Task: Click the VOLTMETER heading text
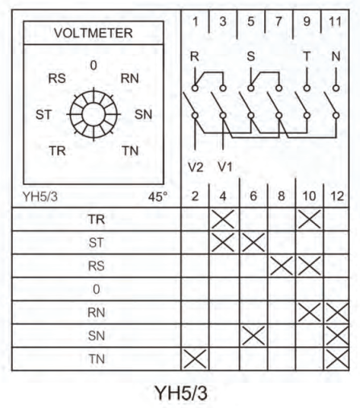[x=93, y=33]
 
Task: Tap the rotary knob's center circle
[x=93, y=114]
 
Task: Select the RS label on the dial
[x=57, y=78]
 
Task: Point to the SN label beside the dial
[x=143, y=114]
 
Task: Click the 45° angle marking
[x=158, y=197]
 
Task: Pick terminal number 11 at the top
[x=335, y=22]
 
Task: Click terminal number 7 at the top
[x=279, y=22]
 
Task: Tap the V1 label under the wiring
[x=225, y=167]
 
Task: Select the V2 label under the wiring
[x=196, y=167]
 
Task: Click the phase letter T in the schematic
[x=307, y=56]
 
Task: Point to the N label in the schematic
[x=336, y=56]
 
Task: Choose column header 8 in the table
[x=281, y=196]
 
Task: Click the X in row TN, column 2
[x=195, y=359]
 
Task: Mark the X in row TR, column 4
[x=223, y=219]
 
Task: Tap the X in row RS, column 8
[x=281, y=266]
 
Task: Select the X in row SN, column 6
[x=253, y=336]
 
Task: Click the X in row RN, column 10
[x=309, y=312]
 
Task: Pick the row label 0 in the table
[x=96, y=289]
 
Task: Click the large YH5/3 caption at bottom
[x=180, y=393]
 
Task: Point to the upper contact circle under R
[x=195, y=88]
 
